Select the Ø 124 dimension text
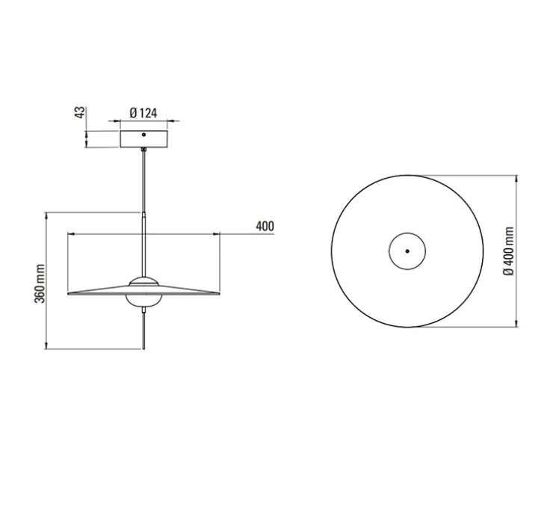143,113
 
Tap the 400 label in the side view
265,227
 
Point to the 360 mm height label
40,283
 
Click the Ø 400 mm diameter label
508,252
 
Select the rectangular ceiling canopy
144,140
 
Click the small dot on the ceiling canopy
144,136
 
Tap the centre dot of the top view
407,252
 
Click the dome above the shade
143,281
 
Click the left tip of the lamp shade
69,294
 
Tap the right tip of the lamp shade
217,294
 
